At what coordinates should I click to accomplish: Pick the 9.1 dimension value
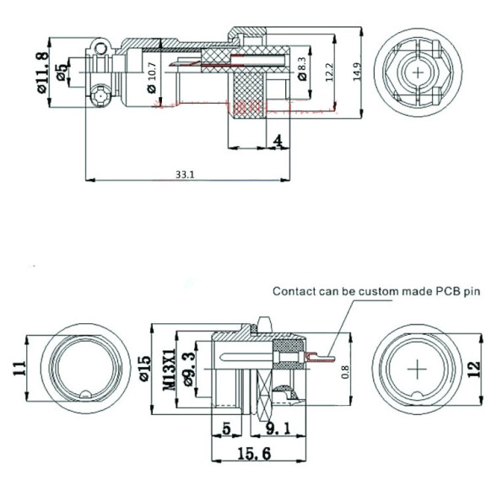278,428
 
